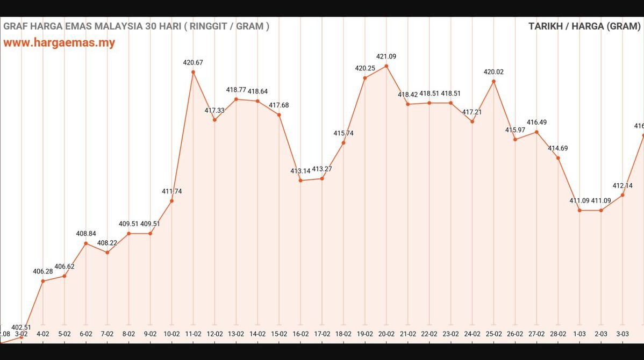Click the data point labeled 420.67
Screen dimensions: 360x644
point(193,72)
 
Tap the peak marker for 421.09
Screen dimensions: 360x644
point(387,66)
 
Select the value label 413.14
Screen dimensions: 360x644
point(300,171)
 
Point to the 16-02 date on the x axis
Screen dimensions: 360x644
point(300,334)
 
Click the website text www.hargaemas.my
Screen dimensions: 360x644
point(59,43)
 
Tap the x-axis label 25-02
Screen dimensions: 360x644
point(493,334)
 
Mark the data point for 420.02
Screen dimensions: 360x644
point(493,81)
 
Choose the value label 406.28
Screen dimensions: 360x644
point(43,271)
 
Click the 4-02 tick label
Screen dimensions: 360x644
point(43,334)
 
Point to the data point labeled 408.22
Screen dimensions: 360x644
point(107,253)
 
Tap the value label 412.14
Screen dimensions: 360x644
point(622,186)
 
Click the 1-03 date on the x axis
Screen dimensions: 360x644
point(579,334)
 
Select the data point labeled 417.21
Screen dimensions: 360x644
point(472,121)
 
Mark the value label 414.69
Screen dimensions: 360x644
point(558,148)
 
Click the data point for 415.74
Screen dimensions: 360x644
point(344,142)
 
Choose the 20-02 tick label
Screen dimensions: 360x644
point(387,334)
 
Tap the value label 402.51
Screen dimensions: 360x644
point(22,327)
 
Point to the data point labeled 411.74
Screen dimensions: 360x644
point(171,201)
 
